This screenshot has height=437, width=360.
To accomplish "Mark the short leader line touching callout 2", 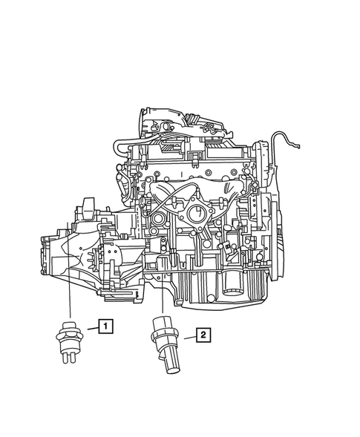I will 186,337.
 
